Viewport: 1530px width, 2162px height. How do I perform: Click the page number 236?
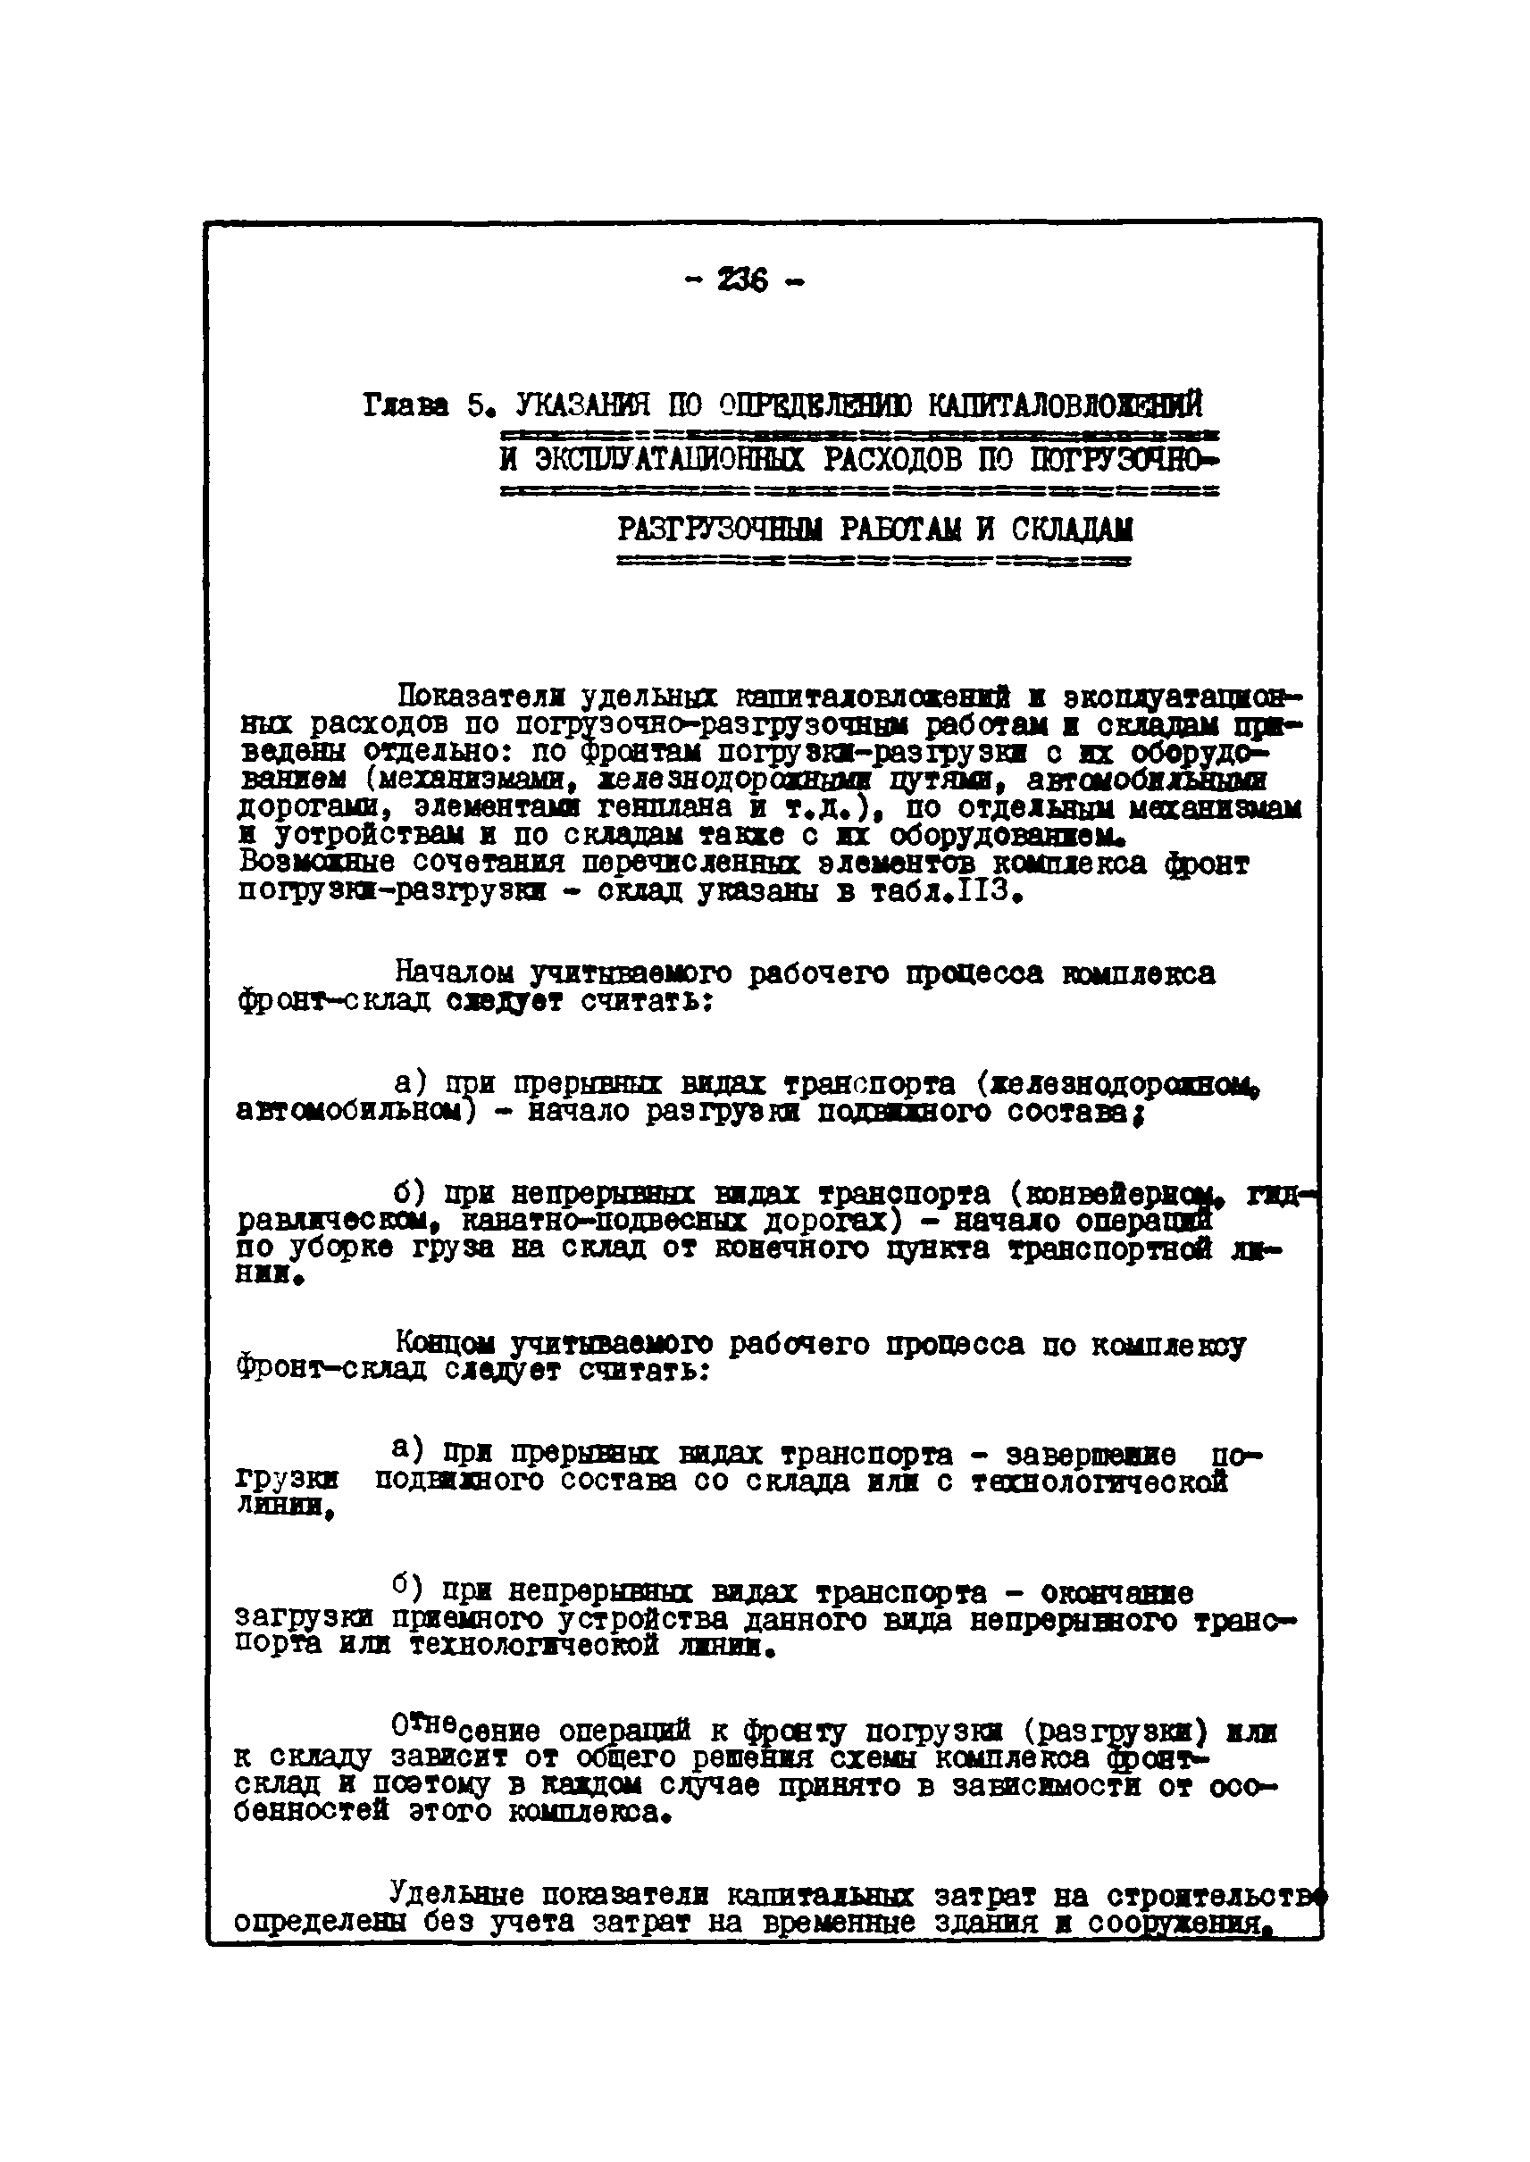click(741, 280)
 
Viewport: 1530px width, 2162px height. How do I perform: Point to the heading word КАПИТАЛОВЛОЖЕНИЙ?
click(1066, 406)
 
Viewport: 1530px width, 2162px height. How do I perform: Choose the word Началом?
click(454, 972)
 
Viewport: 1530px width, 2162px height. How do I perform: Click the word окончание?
click(1116, 1593)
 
